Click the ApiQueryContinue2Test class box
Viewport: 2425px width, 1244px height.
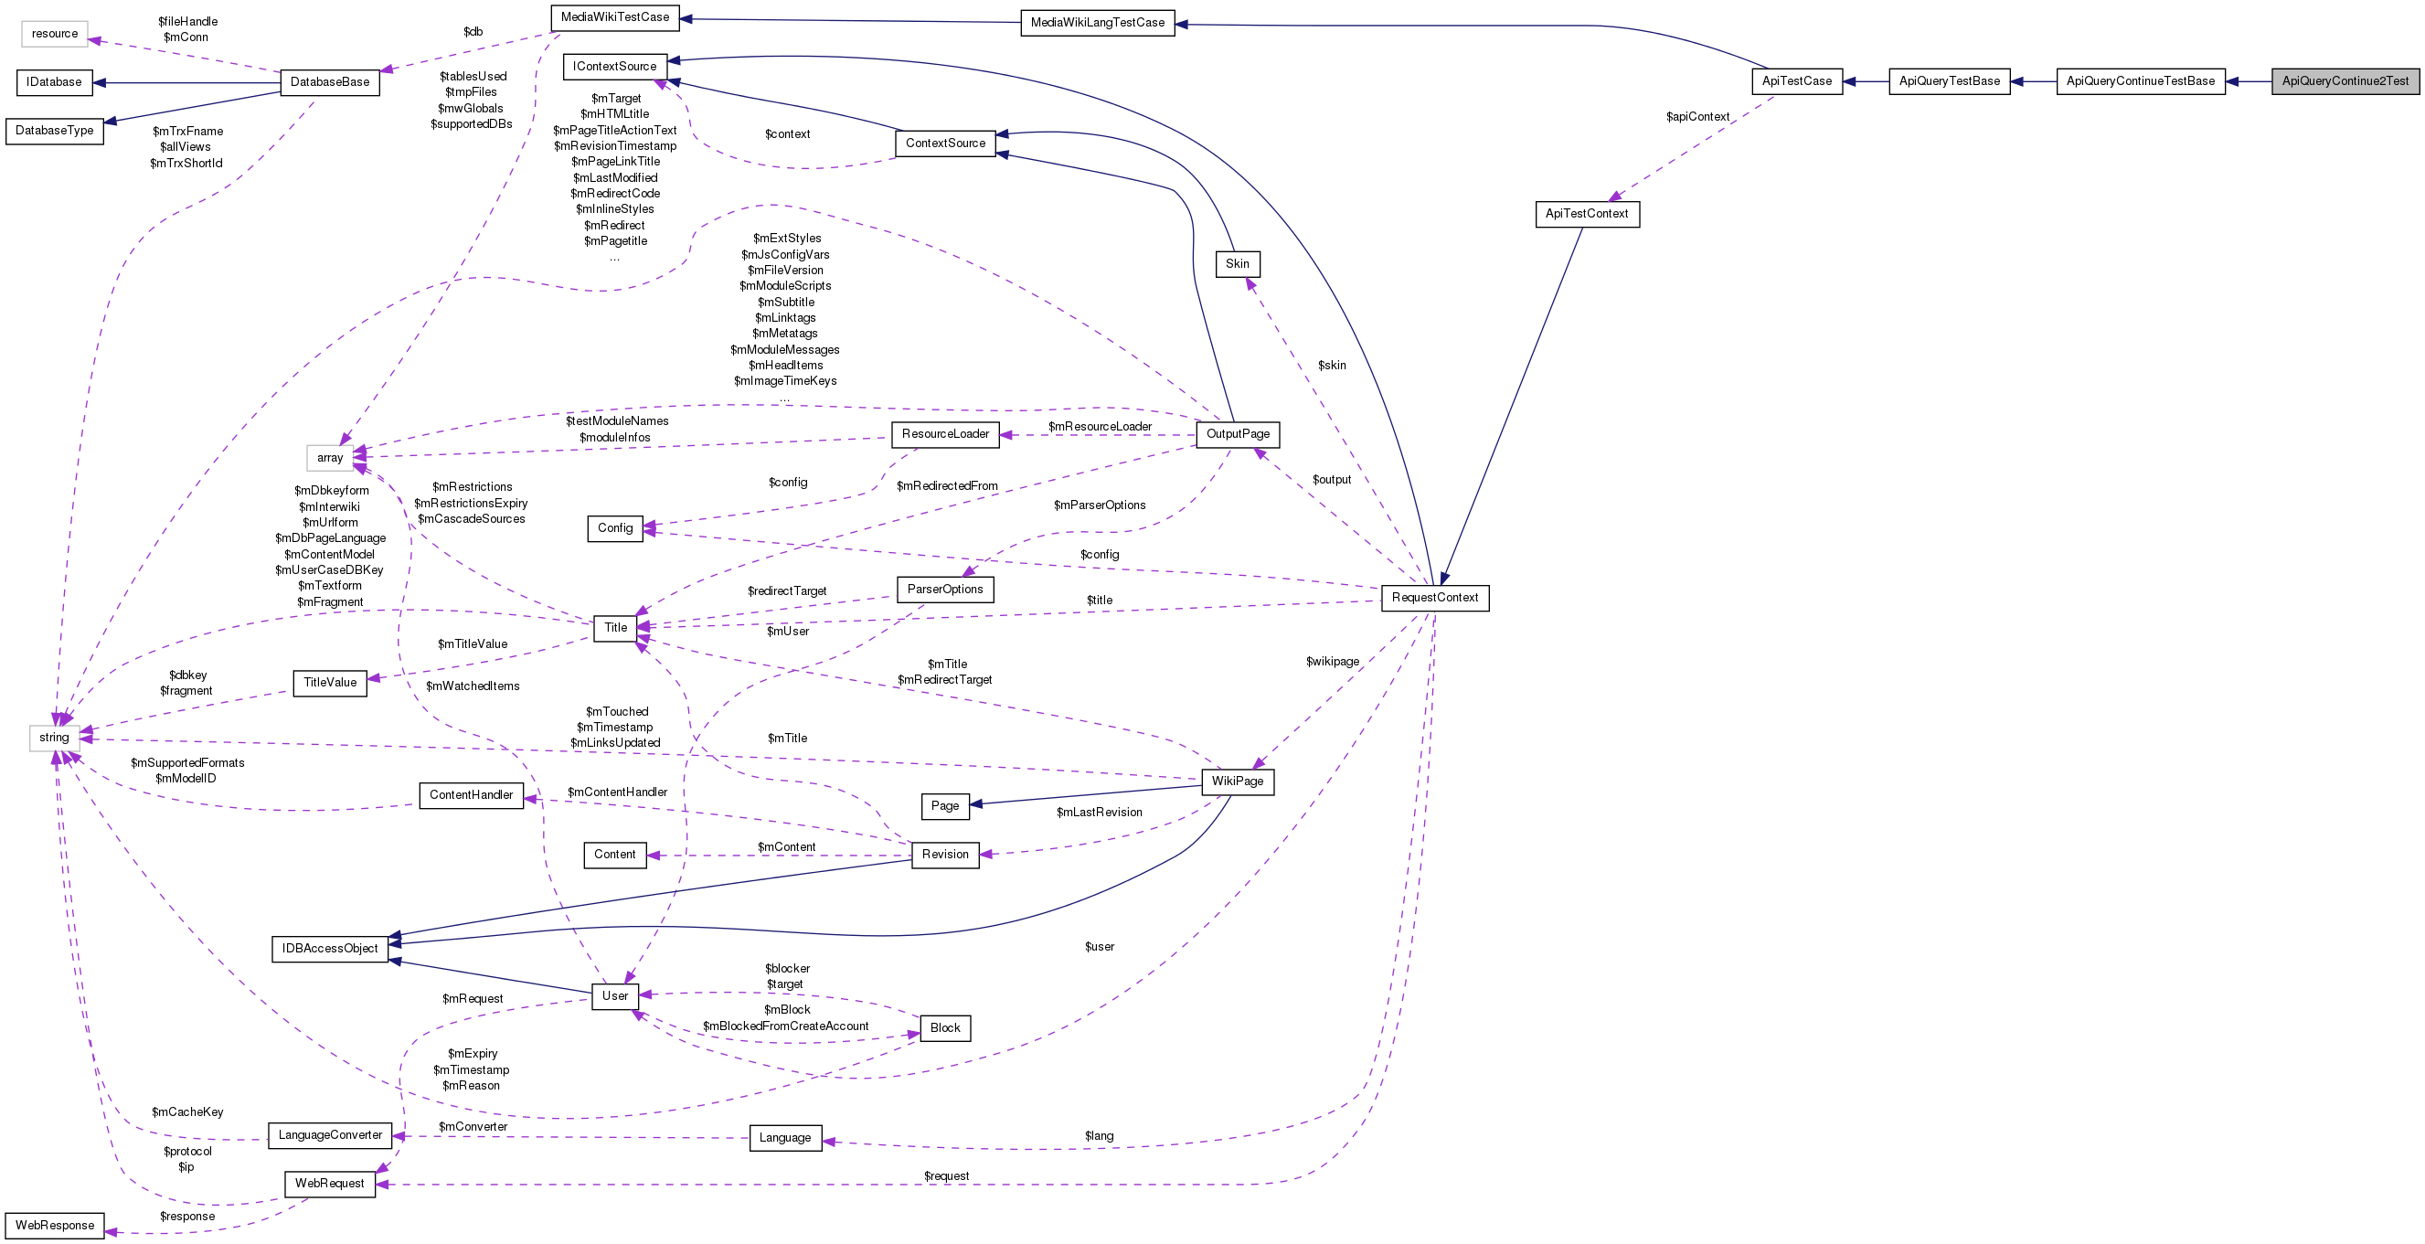coord(2344,81)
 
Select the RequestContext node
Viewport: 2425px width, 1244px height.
coord(1435,598)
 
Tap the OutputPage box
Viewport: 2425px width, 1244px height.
coord(1238,434)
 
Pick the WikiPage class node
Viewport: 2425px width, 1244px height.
coord(1237,781)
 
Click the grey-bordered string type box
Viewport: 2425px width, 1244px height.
coord(54,738)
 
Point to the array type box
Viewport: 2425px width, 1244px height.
coord(329,458)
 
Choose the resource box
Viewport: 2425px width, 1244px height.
coord(55,34)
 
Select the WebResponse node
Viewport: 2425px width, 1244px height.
coord(55,1225)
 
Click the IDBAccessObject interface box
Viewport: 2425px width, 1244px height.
coord(329,948)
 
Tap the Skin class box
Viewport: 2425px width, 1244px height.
coord(1237,263)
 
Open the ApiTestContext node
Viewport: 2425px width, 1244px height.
coord(1586,214)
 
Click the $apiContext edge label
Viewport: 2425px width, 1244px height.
coord(1697,117)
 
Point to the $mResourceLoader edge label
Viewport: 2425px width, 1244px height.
coord(1100,427)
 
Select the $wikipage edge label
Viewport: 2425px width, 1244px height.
coord(1332,661)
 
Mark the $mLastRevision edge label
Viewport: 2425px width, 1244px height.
coord(1099,812)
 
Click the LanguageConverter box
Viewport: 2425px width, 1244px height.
coord(329,1134)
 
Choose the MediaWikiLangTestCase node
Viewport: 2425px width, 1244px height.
coord(1097,23)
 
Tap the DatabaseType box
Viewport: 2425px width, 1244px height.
coord(55,130)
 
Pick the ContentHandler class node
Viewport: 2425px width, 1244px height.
coord(471,795)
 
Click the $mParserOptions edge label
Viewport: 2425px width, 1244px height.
coord(1099,505)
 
